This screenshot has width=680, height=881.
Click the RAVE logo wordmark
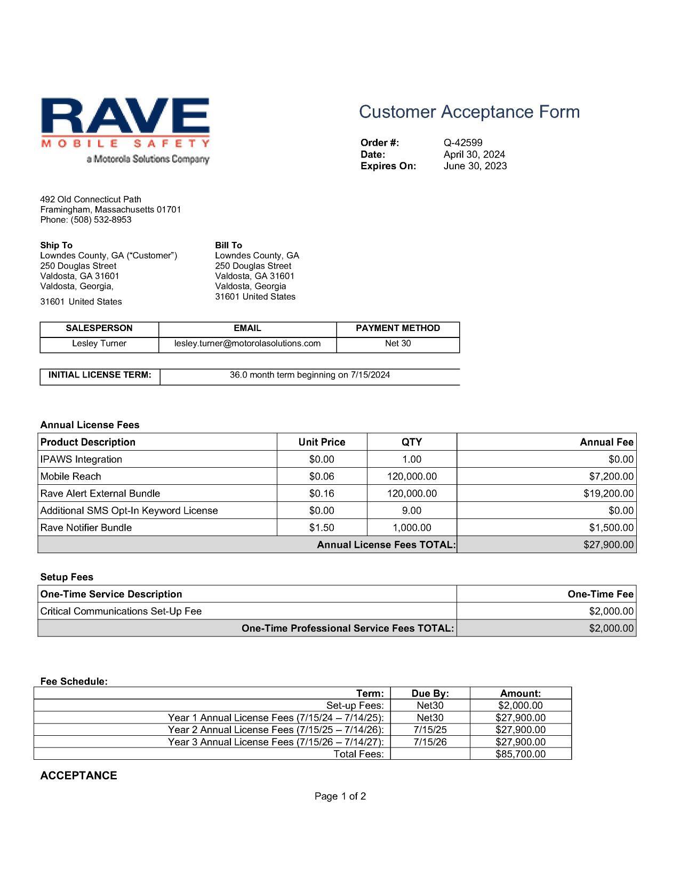coord(125,116)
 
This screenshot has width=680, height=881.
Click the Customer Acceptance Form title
coord(469,112)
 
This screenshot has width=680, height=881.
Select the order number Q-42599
coord(462,143)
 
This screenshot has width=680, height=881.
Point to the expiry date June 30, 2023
coord(475,166)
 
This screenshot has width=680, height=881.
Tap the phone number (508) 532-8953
coord(101,220)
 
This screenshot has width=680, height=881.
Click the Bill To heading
coord(228,245)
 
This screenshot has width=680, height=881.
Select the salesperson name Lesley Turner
coord(99,343)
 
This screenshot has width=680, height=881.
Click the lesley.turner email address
coord(247,343)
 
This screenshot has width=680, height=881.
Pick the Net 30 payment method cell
coord(398,343)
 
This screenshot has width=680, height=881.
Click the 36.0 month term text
coord(309,375)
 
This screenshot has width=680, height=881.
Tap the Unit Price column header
coord(322,442)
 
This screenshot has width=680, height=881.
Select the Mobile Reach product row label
coord(70,476)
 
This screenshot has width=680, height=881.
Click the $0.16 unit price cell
coord(322,493)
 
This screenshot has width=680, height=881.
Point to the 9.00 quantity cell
coord(411,510)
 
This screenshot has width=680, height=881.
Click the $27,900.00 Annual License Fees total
coord(608,545)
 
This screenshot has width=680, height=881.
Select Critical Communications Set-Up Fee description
coord(121,611)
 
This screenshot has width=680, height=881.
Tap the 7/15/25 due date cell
coord(430,730)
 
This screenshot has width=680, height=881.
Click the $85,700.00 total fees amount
coord(520,754)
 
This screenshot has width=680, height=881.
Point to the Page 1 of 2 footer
coord(340,797)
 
